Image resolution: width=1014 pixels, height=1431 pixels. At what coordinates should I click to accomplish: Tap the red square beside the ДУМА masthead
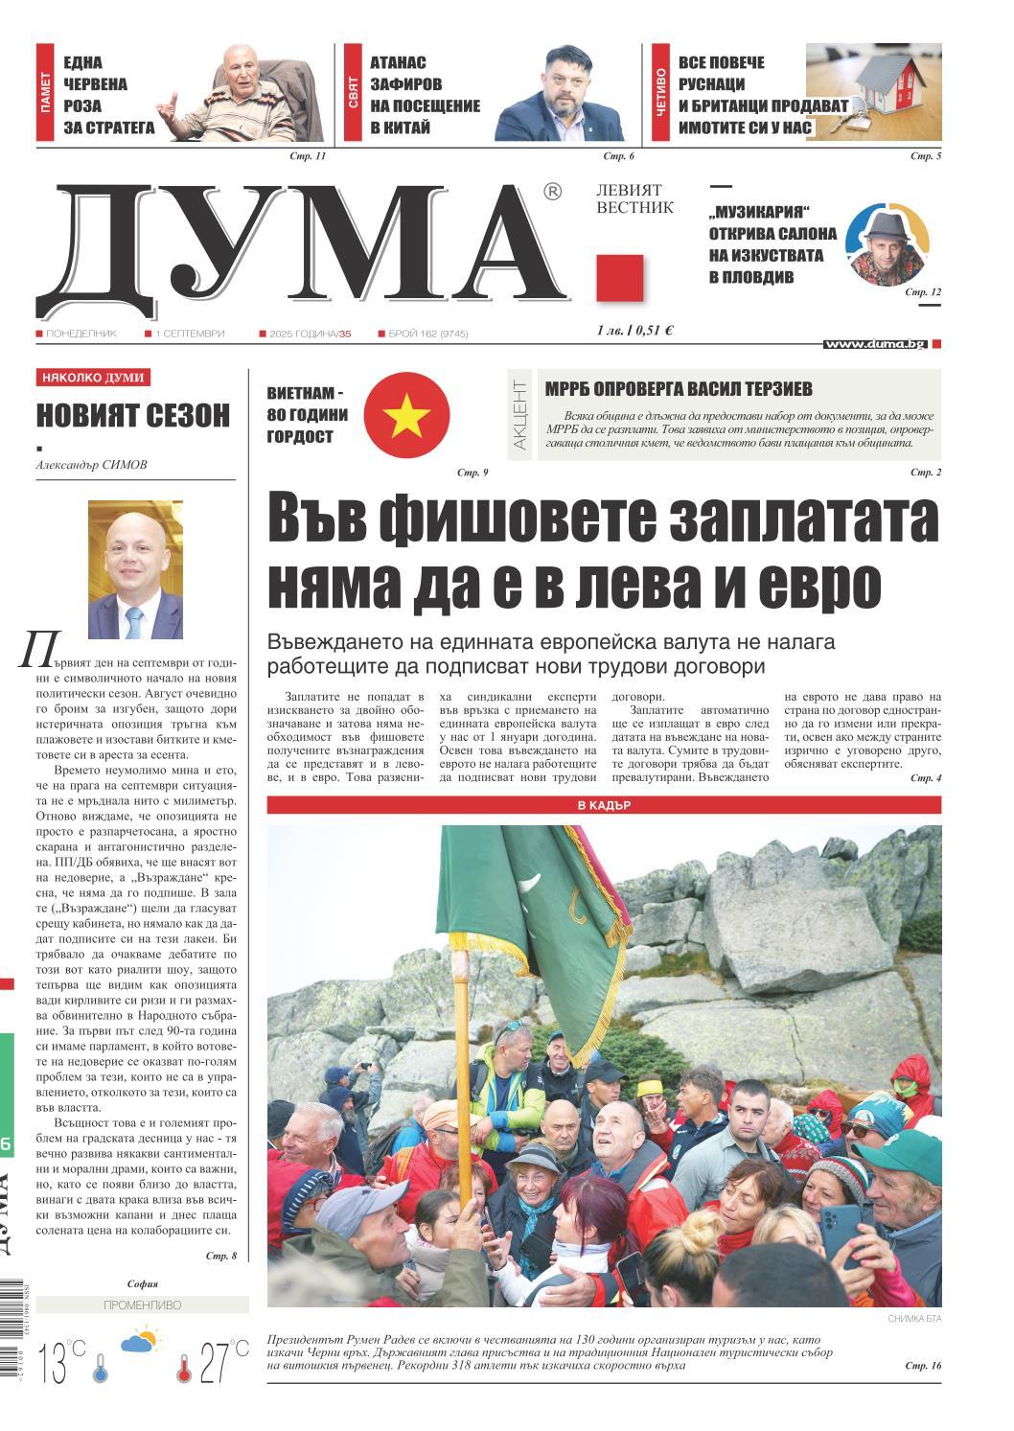tap(619, 278)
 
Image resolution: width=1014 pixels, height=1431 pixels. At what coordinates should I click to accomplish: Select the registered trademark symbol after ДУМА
tap(552, 192)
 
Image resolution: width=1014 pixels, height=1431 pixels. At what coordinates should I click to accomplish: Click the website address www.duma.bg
tap(875, 344)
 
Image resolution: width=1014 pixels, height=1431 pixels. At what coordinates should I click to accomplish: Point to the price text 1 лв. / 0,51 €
tap(634, 331)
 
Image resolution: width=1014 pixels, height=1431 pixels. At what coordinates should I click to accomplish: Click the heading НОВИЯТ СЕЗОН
tap(133, 415)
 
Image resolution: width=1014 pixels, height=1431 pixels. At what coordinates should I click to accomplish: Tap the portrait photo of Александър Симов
tap(135, 569)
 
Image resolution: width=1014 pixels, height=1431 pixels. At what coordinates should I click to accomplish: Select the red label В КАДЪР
tap(604, 805)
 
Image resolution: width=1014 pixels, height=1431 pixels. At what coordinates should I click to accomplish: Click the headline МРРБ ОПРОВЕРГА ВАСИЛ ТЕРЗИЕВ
tap(679, 389)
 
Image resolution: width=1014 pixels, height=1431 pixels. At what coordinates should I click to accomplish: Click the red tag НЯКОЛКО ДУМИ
tap(93, 378)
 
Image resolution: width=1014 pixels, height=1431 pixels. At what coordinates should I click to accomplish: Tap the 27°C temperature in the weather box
tap(223, 1361)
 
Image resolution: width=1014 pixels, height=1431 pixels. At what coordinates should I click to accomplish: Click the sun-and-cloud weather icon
tap(140, 1340)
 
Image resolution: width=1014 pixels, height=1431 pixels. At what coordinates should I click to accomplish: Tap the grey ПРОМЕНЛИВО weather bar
tap(142, 1305)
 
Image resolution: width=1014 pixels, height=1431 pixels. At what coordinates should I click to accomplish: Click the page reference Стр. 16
tap(923, 1365)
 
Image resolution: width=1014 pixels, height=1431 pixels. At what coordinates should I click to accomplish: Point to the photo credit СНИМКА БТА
tap(915, 1320)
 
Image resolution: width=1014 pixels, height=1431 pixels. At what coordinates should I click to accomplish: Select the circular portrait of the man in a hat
tap(887, 244)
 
